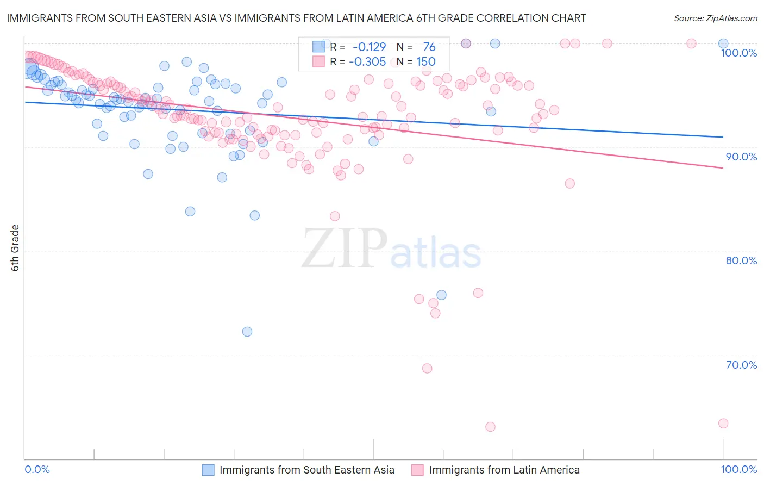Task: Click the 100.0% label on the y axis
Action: pyautogui.click(x=738, y=53)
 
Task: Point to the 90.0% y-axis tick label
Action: pyautogui.click(x=741, y=157)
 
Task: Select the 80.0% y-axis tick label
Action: pyautogui.click(x=741, y=260)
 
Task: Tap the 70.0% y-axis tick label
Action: pyautogui.click(x=741, y=365)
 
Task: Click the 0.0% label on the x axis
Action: pyautogui.click(x=37, y=470)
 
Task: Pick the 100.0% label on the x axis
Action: pyautogui.click(x=738, y=470)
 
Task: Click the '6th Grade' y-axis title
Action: pyautogui.click(x=15, y=248)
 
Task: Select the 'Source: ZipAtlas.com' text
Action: pyautogui.click(x=715, y=18)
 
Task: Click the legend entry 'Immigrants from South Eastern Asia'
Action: pyautogui.click(x=306, y=470)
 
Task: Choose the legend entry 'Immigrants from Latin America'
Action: pyautogui.click(x=504, y=470)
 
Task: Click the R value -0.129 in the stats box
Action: pyautogui.click(x=369, y=47)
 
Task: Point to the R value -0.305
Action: pyautogui.click(x=367, y=62)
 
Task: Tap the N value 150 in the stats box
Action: pyautogui.click(x=426, y=62)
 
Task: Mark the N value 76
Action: pyautogui.click(x=429, y=47)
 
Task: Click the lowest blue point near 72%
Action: pyautogui.click(x=247, y=332)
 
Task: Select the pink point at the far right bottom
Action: pyautogui.click(x=723, y=424)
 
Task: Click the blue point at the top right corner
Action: pyautogui.click(x=723, y=43)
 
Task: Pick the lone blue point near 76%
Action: pyautogui.click(x=441, y=295)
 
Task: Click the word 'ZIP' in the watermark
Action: pyautogui.click(x=345, y=249)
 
